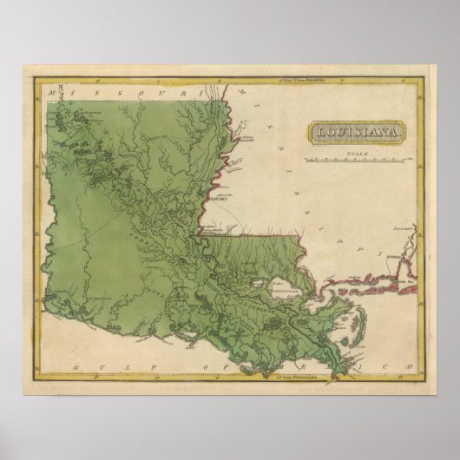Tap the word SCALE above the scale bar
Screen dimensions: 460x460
click(351, 153)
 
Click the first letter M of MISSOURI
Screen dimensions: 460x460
click(55, 90)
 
